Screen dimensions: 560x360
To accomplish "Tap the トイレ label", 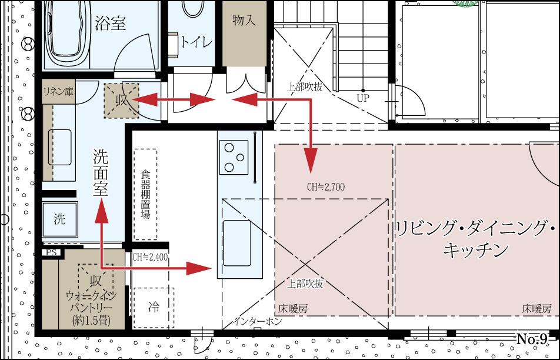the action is [x=196, y=42].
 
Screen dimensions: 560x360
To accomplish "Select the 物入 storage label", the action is [x=244, y=20].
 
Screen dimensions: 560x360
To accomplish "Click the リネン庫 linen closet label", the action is [x=58, y=92].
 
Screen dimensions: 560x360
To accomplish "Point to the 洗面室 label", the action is [x=101, y=172].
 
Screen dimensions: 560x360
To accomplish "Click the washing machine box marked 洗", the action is [x=59, y=219].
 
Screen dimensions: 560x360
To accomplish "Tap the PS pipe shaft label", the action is [x=51, y=252].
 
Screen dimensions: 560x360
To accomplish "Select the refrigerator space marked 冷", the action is [x=154, y=308].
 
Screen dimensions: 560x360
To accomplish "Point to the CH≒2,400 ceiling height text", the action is [x=150, y=257].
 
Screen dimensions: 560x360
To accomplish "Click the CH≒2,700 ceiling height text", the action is [x=326, y=187].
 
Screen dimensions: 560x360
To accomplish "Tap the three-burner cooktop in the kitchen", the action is [x=234, y=157].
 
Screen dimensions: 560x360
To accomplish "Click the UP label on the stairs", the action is [x=363, y=98].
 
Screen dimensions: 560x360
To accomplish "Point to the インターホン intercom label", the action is [x=258, y=321].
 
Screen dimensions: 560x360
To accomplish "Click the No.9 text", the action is [x=532, y=339].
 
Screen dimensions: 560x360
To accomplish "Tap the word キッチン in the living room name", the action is [x=475, y=249].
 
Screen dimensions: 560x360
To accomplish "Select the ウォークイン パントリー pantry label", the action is [x=92, y=308].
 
